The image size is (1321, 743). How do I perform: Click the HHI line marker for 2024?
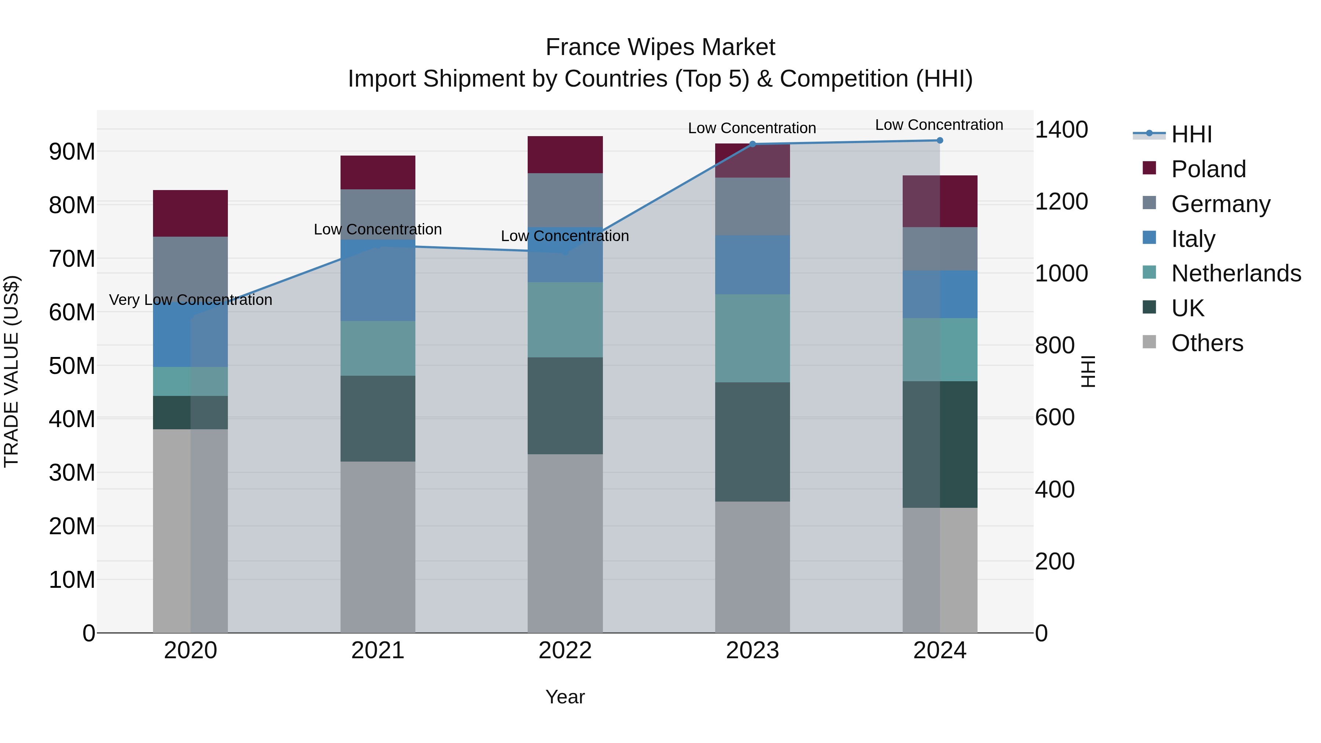click(x=939, y=141)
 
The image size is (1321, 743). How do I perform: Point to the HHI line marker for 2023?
click(x=752, y=144)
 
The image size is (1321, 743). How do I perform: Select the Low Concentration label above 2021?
click(x=378, y=229)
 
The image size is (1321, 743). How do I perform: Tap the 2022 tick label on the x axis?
click(x=565, y=651)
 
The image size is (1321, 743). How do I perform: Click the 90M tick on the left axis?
click(x=72, y=152)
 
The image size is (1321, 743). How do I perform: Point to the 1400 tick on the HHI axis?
click(x=1061, y=130)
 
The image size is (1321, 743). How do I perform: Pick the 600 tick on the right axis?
click(x=1054, y=418)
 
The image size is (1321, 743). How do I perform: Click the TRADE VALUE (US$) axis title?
click(x=11, y=371)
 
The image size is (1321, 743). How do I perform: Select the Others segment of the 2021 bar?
click(x=378, y=547)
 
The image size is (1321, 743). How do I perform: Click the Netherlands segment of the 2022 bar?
click(x=565, y=320)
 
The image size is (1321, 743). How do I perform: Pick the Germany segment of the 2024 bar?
click(x=939, y=249)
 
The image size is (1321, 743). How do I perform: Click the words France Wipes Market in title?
click(x=660, y=48)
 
